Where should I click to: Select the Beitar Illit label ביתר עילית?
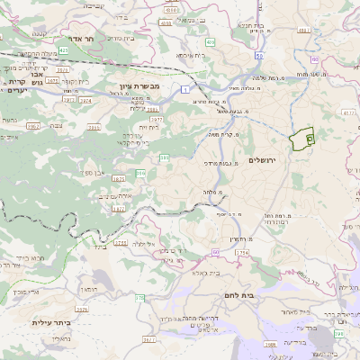tap(45, 322)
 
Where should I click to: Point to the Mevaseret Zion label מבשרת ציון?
tap(139, 87)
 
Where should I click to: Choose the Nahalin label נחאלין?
tap(55, 339)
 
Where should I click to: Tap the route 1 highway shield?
tap(184, 90)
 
